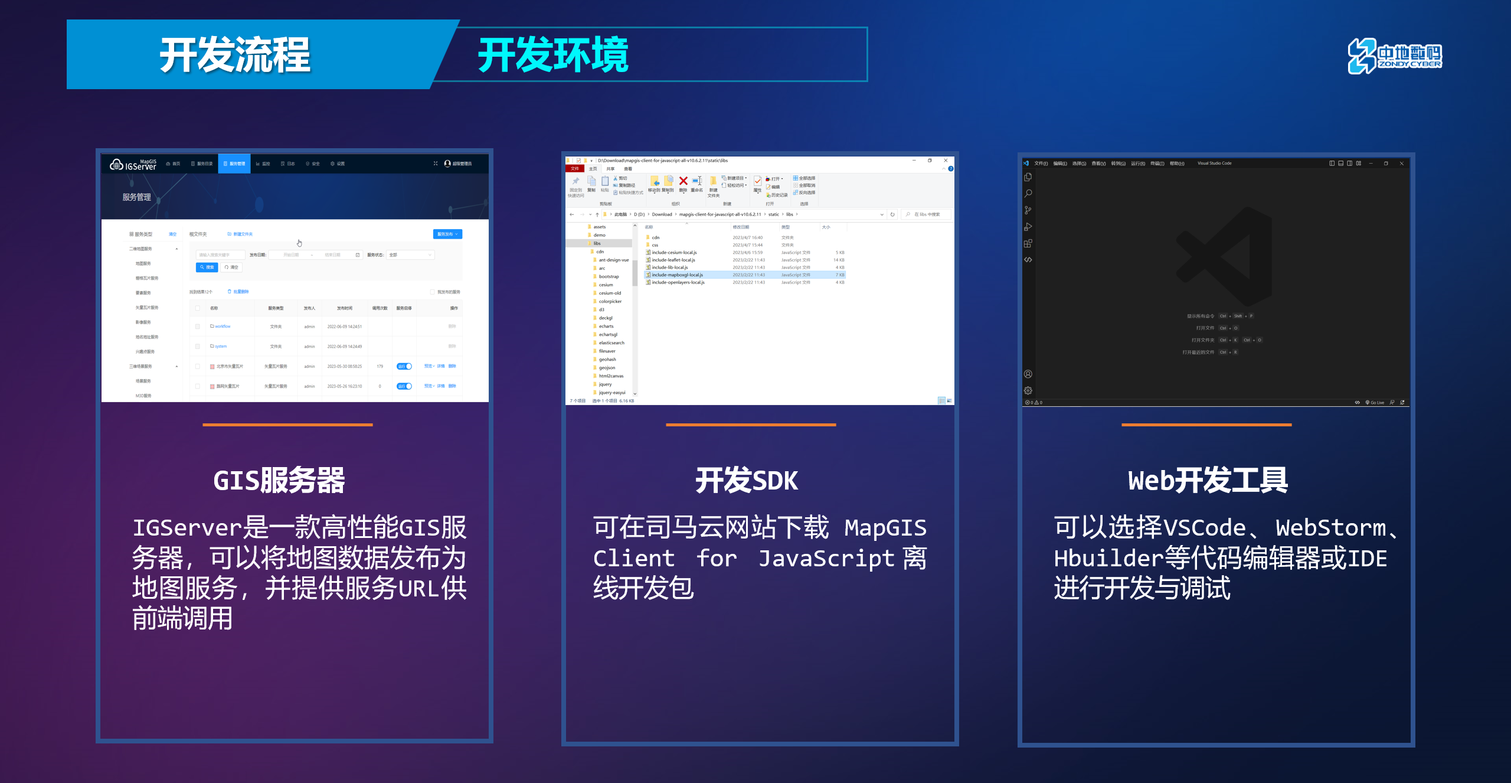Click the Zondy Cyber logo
[x=1394, y=56]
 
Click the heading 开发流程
[x=235, y=55]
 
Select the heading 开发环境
[x=553, y=55]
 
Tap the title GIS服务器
[x=279, y=480]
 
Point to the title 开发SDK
[x=747, y=480]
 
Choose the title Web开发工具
[x=1208, y=480]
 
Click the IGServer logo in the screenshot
[x=133, y=164]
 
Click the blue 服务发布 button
[x=447, y=234]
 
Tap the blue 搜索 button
[x=207, y=267]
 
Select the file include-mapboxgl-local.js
[x=677, y=275]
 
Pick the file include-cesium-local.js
[x=674, y=253]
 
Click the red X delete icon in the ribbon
[x=683, y=181]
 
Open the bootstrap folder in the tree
[x=609, y=276]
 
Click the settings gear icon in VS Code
[x=1028, y=390]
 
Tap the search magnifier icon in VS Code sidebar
[x=1028, y=194]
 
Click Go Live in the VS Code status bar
[x=1375, y=403]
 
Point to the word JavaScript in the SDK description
[x=826, y=558]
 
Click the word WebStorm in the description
[x=1330, y=528]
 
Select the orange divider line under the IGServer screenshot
[x=287, y=425]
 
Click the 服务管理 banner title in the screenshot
[x=137, y=197]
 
